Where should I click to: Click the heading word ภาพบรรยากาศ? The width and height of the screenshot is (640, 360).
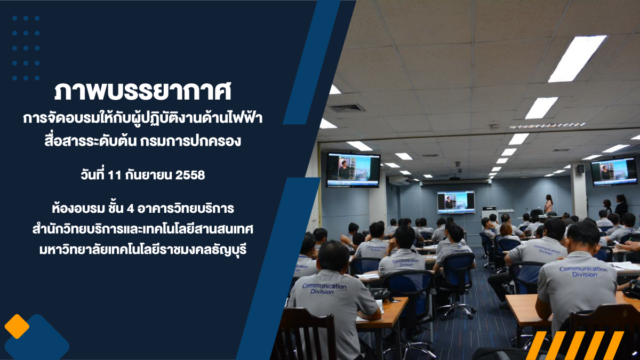pos(142,92)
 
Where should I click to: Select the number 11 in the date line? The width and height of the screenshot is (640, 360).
pos(115,175)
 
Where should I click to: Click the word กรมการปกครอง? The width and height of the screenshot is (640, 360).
pos(190,141)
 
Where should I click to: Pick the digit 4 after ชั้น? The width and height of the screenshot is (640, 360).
pos(130,209)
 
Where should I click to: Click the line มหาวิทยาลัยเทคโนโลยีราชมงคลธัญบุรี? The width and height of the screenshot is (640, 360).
pos(143,250)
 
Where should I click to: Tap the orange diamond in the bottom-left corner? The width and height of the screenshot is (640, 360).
pos(17,326)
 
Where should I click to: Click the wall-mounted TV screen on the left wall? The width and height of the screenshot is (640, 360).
pos(353,170)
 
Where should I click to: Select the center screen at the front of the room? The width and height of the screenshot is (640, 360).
pos(455,202)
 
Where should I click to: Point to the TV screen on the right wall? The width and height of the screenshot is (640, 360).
pos(614,172)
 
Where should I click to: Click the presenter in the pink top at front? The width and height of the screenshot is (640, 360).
pos(548,204)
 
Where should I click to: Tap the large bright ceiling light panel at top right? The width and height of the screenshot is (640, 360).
pos(577,59)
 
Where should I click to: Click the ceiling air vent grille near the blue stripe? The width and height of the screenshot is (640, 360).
pos(347,108)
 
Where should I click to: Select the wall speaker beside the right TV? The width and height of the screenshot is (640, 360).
pos(580,169)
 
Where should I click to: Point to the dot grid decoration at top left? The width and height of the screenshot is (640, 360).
pos(26,48)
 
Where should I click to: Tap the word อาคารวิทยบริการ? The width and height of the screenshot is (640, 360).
pos(186,209)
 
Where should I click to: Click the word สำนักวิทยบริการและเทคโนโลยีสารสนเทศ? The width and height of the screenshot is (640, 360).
pos(143,229)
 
